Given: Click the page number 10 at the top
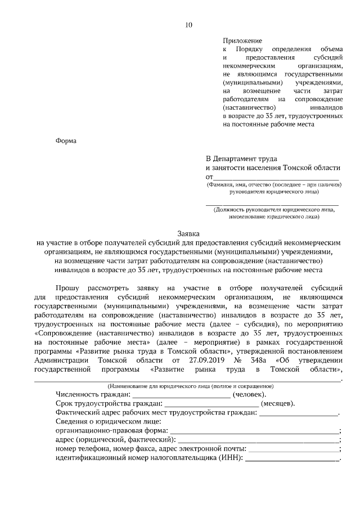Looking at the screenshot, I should [x=188, y=25].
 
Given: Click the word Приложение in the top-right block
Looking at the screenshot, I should [x=242, y=41].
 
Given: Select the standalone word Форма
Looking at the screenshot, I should [x=66, y=141].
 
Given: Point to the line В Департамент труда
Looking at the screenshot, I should [x=241, y=160].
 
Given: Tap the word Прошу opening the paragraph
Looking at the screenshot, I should [x=68, y=287].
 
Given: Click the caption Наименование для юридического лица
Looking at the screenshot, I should [x=190, y=386].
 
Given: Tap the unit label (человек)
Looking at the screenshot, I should [x=250, y=395].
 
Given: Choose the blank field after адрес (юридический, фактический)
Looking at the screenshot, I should [x=258, y=440].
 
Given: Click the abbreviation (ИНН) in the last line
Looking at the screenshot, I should [x=231, y=458].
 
